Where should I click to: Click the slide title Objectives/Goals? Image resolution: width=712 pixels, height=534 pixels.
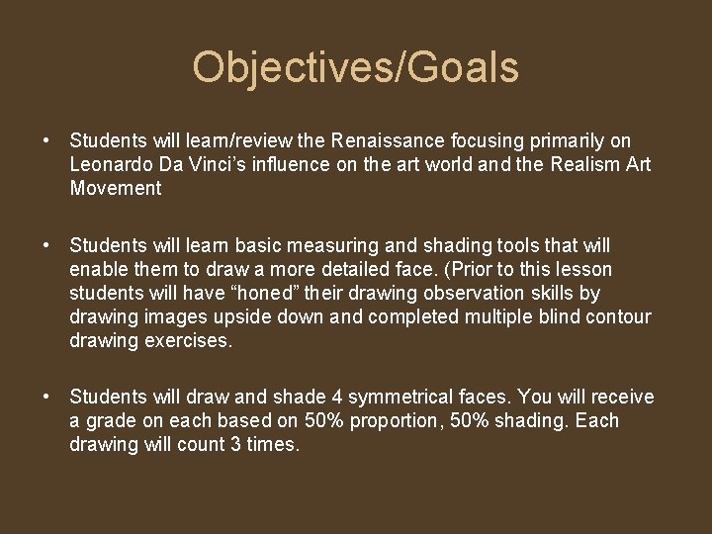(355, 68)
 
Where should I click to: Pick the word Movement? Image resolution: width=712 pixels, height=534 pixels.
(115, 188)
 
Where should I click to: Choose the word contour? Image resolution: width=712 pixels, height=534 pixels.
(619, 317)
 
